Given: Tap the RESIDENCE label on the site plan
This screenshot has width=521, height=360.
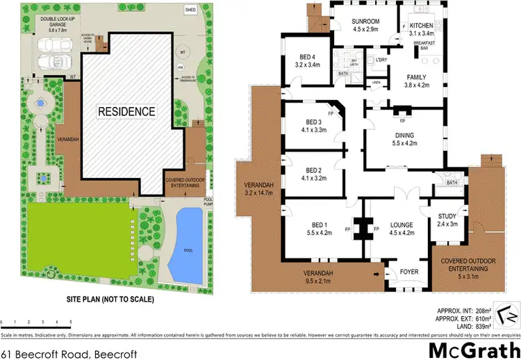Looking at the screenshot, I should [x=126, y=111].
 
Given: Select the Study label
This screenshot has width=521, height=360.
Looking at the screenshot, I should [x=446, y=219].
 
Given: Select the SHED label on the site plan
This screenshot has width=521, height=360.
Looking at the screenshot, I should [x=190, y=10].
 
